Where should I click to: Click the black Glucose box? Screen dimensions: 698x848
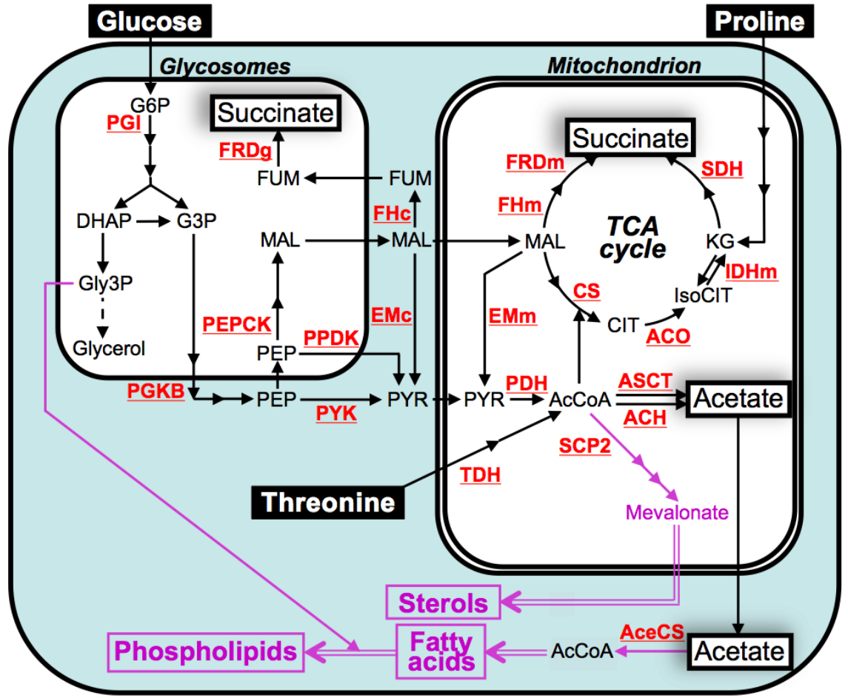pos(150,21)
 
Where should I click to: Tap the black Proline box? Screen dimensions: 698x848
pos(758,21)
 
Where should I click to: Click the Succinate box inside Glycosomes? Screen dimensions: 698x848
pos(276,113)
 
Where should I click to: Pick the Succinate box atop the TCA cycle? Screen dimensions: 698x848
pos(631,138)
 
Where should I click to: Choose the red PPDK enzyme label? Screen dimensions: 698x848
pos(331,338)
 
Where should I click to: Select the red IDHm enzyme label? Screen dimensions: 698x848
pos(752,271)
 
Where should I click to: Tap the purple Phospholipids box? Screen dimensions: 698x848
pos(207,651)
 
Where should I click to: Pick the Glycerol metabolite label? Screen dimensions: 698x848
pos(110,347)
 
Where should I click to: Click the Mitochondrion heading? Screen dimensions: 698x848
pos(624,67)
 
